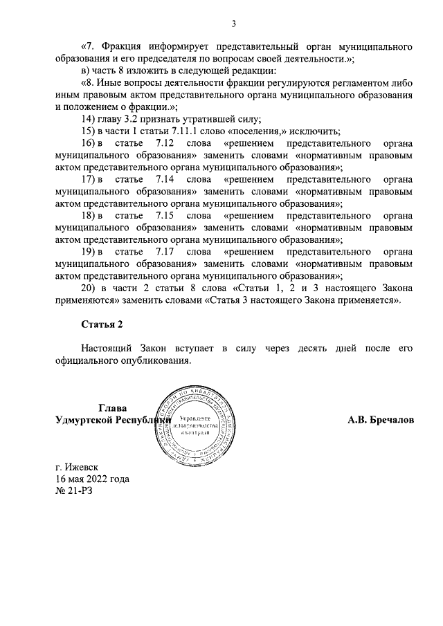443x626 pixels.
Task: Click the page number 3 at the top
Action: coord(234,24)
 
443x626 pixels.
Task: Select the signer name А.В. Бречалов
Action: coord(381,420)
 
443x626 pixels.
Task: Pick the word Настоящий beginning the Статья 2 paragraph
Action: coord(109,349)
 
